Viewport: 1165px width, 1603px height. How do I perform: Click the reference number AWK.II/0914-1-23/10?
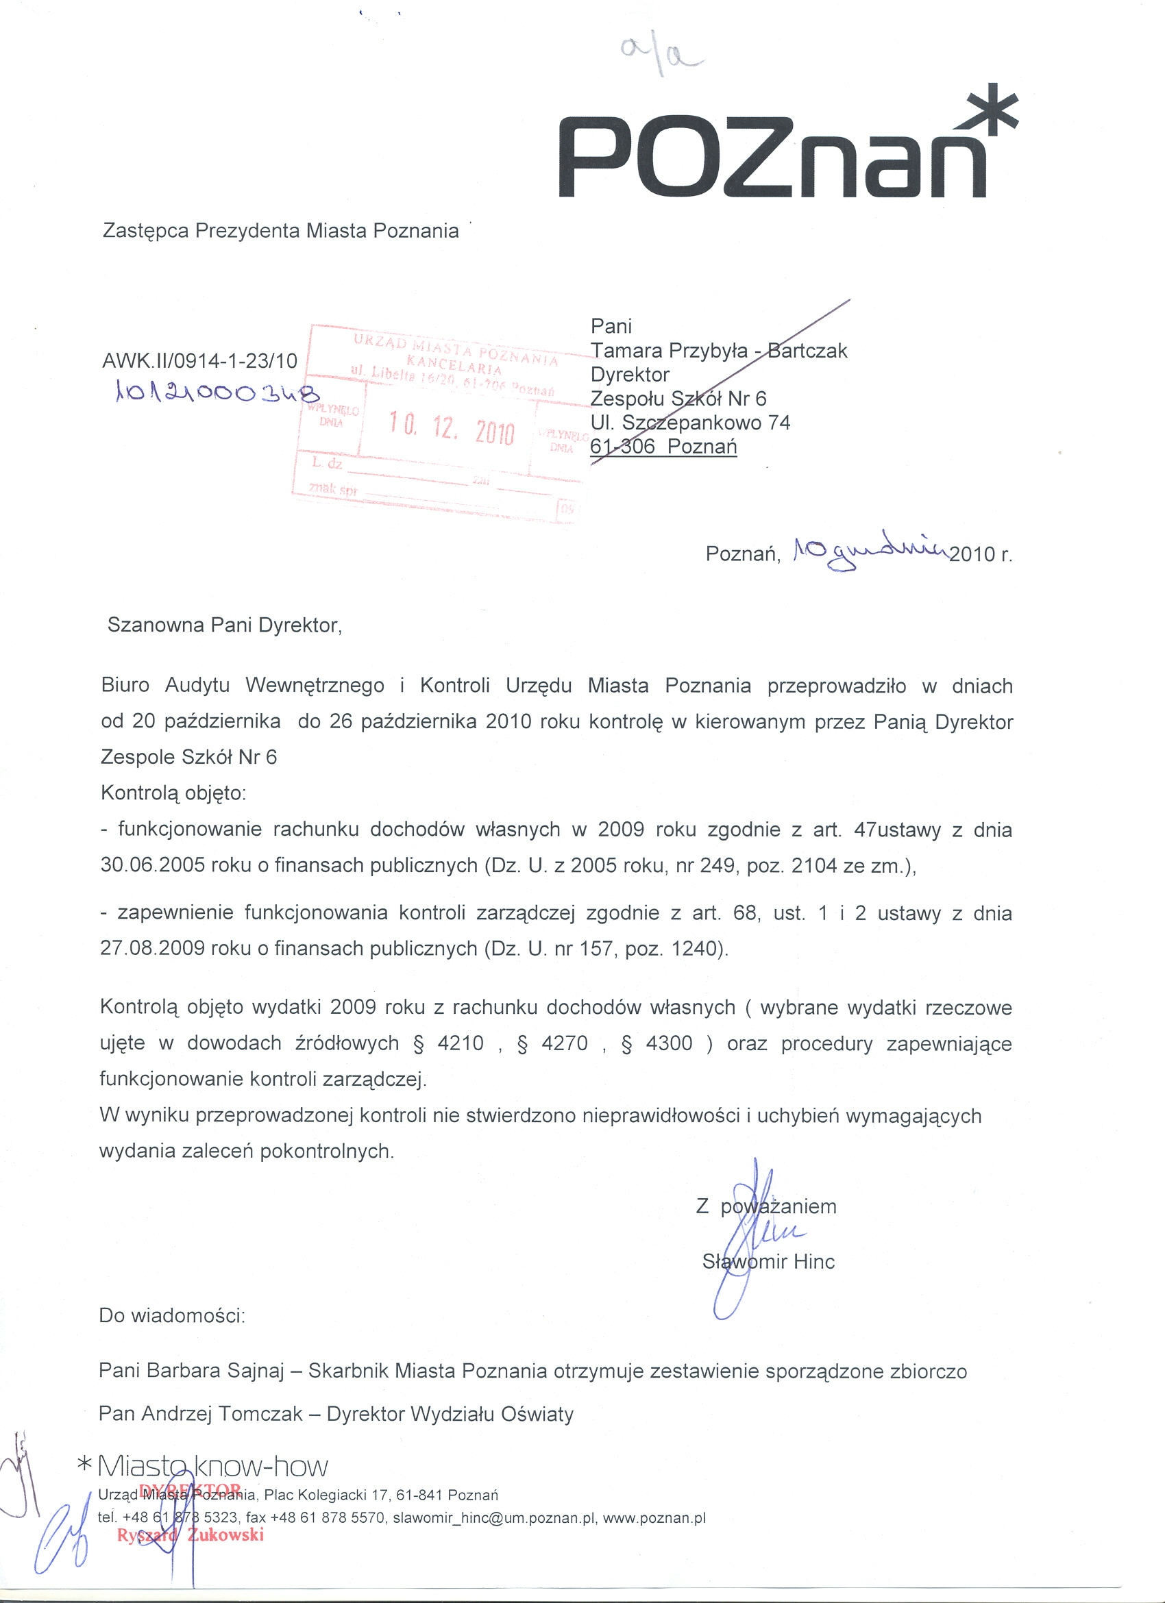click(x=200, y=361)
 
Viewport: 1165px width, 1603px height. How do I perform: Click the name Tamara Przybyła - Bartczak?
click(x=718, y=351)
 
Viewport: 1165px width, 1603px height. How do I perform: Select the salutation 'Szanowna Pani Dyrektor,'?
click(x=225, y=625)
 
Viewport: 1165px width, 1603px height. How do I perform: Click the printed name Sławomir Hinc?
click(x=768, y=1262)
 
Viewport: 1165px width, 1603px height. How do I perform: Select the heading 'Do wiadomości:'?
click(x=173, y=1316)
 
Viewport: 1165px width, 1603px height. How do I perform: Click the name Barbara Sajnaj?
click(x=215, y=1371)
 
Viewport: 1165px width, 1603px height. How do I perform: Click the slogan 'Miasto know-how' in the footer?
click(x=212, y=1467)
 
